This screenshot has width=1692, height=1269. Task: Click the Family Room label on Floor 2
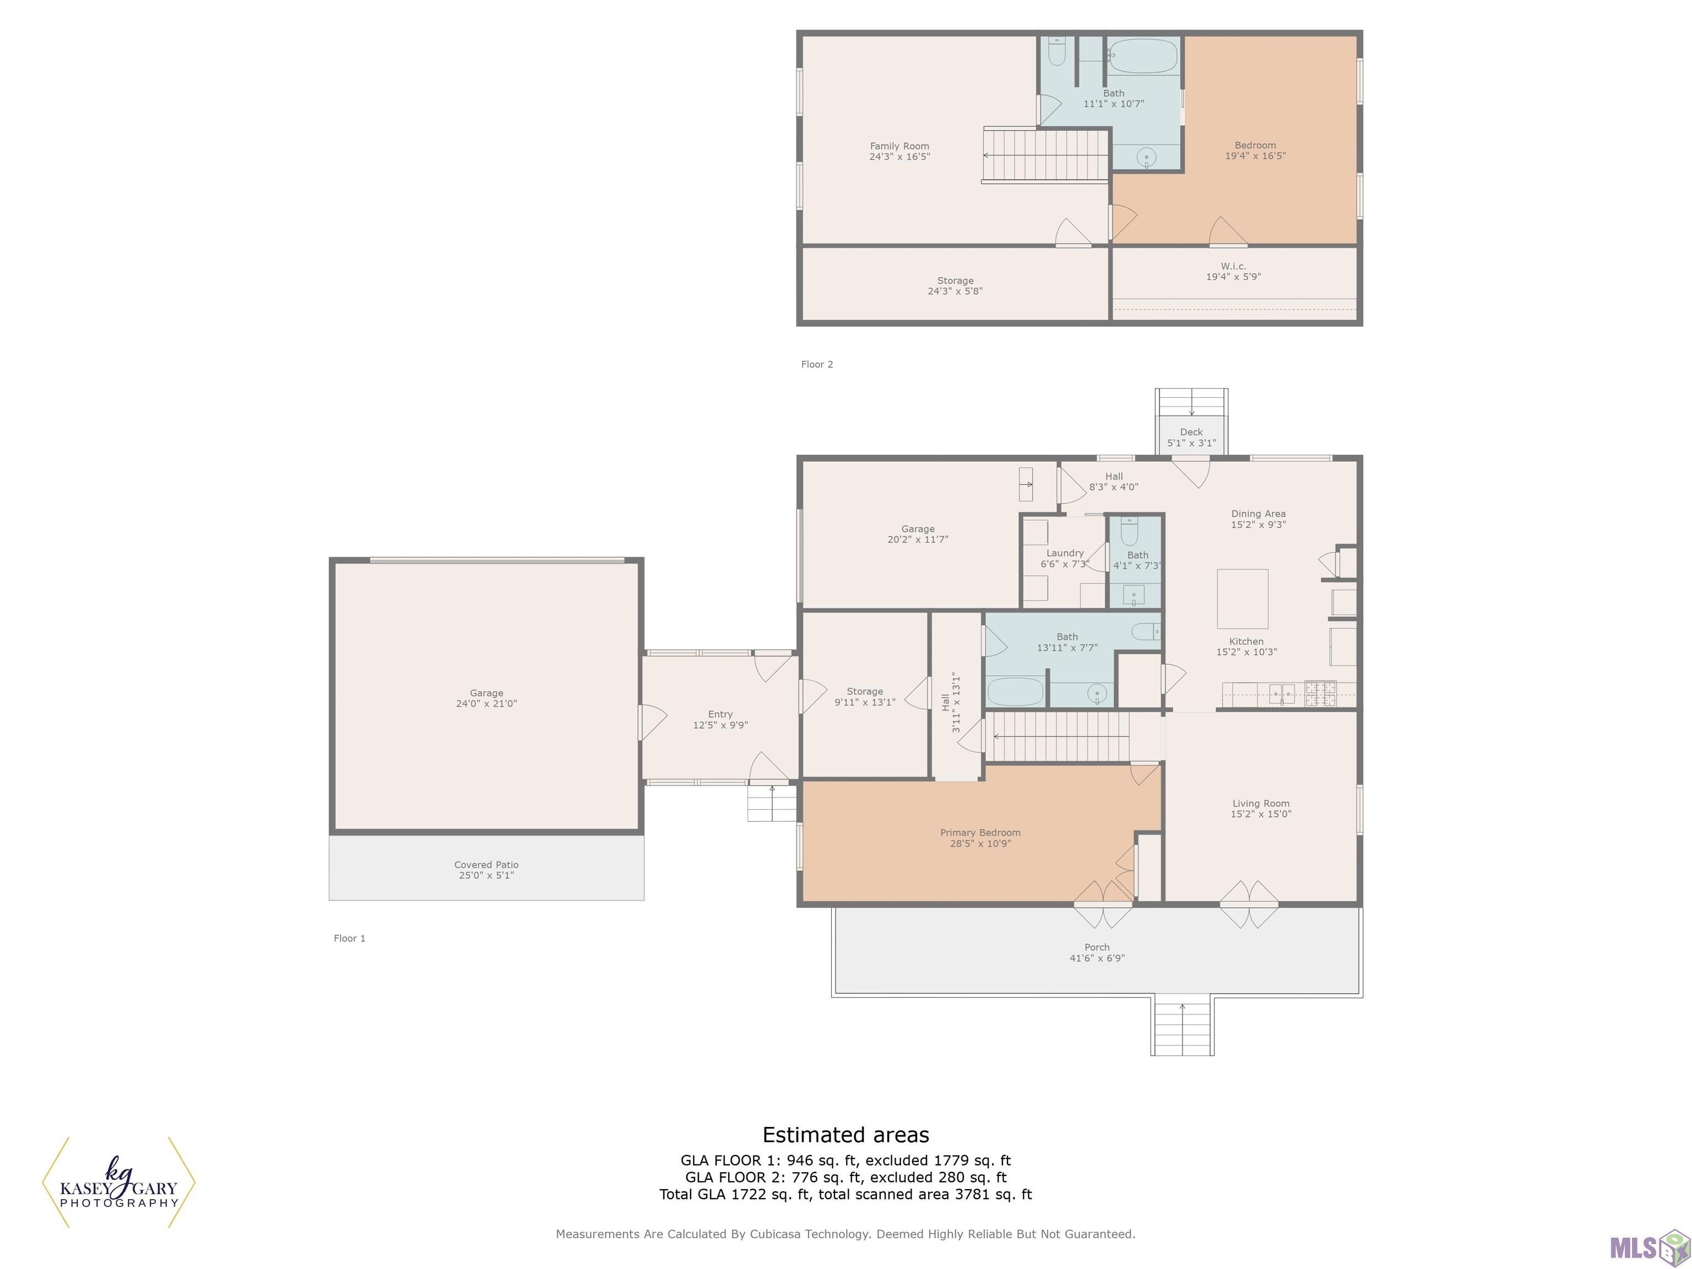[x=899, y=146]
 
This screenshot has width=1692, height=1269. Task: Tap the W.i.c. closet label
[x=1233, y=266]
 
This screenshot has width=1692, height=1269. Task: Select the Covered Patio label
[x=486, y=864]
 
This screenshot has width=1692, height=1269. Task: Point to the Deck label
[x=1191, y=432]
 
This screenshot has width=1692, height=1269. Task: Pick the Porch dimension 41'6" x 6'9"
[x=1097, y=958]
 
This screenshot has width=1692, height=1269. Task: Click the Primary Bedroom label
[x=980, y=832]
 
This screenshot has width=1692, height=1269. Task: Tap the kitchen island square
[x=1242, y=599]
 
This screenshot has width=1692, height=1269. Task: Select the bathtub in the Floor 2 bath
[x=1143, y=56]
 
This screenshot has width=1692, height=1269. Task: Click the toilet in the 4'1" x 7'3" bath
[x=1130, y=532]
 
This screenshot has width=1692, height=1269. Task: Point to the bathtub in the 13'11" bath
[x=1015, y=691]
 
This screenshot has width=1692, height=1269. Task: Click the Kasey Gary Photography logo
[x=118, y=1183]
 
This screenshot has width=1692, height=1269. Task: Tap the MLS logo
[x=1649, y=1248]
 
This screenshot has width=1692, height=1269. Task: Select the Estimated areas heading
[x=845, y=1135]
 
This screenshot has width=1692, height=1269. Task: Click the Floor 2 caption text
[x=817, y=364]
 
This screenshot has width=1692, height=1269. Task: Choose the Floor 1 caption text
[x=350, y=939]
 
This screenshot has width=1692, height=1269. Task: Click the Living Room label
[x=1261, y=803]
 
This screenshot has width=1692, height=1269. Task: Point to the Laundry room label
[x=1065, y=553]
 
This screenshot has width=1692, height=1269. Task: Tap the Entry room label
[x=720, y=714]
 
